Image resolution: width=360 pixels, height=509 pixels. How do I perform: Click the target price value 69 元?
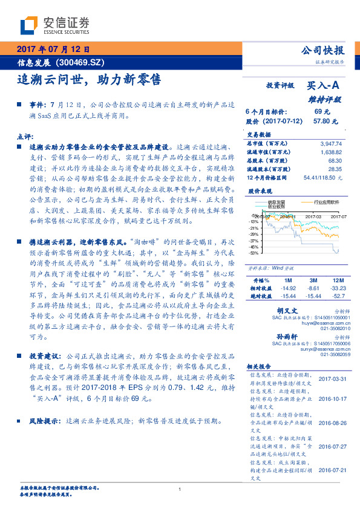click(x=322, y=112)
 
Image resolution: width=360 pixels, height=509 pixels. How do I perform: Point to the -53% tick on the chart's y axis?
click(x=253, y=253)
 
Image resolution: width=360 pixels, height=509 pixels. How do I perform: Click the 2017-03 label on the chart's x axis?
click(x=313, y=216)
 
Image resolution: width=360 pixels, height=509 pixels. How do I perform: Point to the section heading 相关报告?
click(x=261, y=367)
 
